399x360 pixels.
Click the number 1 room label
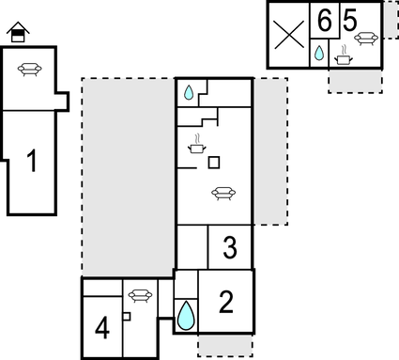[x=31, y=163]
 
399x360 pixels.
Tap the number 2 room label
[x=226, y=302]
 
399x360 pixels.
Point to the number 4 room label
[x=102, y=329]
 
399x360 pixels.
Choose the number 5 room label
[x=349, y=20]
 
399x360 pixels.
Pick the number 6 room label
[x=324, y=20]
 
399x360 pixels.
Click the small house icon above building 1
[x=17, y=34]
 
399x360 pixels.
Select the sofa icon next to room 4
[x=140, y=294]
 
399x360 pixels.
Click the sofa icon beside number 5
[x=367, y=37]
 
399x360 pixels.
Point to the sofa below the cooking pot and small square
[x=223, y=193]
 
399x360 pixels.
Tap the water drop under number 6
[x=319, y=54]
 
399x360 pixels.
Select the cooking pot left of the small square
[x=197, y=146]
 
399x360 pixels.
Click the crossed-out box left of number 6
[x=289, y=36]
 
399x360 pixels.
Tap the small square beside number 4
[x=126, y=317]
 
